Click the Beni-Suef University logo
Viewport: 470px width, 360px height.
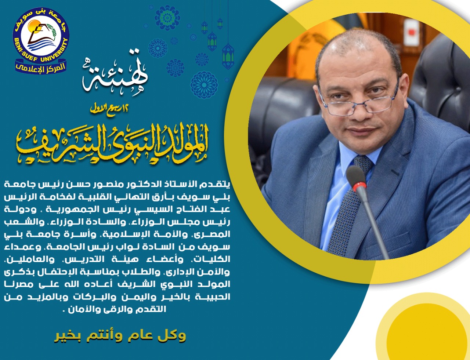pos(41,40)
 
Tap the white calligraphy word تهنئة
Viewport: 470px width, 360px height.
pos(115,74)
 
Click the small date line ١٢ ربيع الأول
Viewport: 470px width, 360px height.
pos(109,108)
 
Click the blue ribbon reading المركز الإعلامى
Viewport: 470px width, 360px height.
pos(41,68)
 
